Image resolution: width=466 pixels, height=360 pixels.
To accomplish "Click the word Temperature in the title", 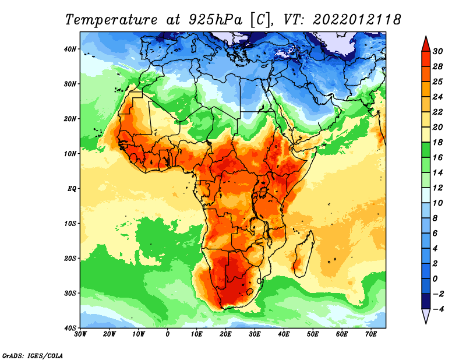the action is pyautogui.click(x=111, y=20).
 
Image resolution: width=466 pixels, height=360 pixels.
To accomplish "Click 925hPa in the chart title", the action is pyautogui.click(x=215, y=20).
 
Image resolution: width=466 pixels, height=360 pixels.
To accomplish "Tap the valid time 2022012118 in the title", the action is pyautogui.click(x=356, y=20).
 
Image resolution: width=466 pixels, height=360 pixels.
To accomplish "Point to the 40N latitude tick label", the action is pyautogui.click(x=70, y=49).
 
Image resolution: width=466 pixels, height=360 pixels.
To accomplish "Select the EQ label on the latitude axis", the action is pyautogui.click(x=72, y=189).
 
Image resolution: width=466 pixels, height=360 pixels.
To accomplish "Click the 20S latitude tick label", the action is pyautogui.click(x=70, y=258).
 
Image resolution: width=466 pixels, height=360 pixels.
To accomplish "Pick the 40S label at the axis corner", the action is pyautogui.click(x=70, y=328).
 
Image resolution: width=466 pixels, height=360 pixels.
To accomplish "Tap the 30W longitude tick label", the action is pyautogui.click(x=80, y=334).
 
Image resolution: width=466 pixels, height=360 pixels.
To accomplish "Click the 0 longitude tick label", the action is pyautogui.click(x=168, y=334).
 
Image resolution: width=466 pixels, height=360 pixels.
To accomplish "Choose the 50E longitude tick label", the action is pyautogui.click(x=313, y=334).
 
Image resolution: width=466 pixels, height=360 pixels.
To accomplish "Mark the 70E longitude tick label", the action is pyautogui.click(x=371, y=334).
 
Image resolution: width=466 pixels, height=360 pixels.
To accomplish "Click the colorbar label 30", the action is pyautogui.click(x=437, y=51).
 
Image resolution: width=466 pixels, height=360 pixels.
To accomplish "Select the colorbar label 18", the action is pyautogui.click(x=437, y=142).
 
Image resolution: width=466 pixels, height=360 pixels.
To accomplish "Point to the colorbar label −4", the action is pyautogui.click(x=437, y=309).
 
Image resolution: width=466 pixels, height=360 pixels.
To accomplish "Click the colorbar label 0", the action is pyautogui.click(x=435, y=279).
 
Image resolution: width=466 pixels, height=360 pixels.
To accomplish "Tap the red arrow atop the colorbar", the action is pyautogui.click(x=426, y=44).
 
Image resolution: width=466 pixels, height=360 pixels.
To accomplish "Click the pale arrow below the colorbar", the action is pyautogui.click(x=426, y=316).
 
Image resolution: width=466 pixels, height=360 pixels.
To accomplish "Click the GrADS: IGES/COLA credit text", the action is pyautogui.click(x=33, y=355).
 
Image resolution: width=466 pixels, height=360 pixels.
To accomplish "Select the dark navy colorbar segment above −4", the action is pyautogui.click(x=426, y=301).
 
